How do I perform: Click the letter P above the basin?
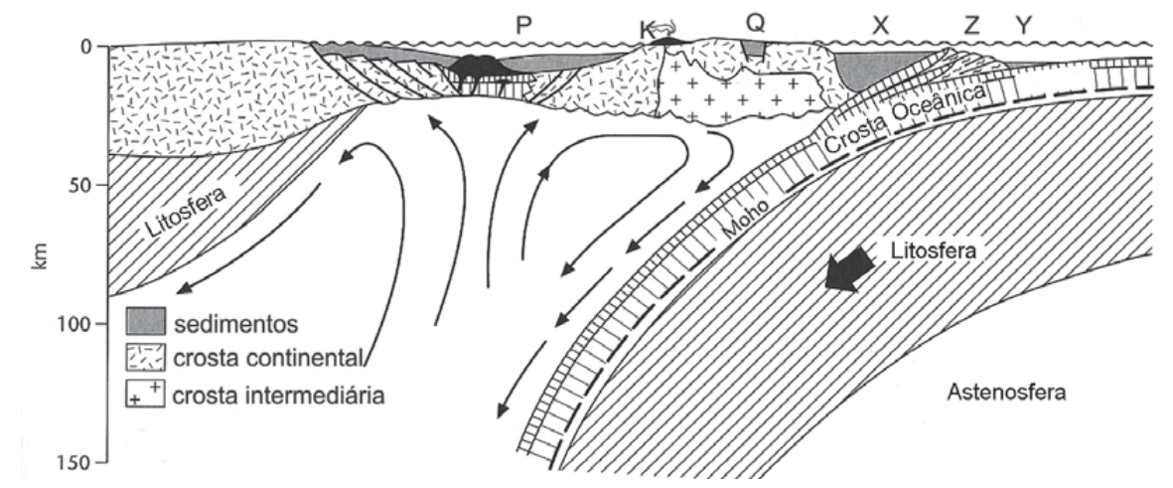click(x=523, y=26)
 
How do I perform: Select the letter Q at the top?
click(x=756, y=24)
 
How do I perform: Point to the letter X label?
click(x=881, y=26)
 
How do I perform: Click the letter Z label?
click(x=971, y=26)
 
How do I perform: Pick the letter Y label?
click(x=1023, y=26)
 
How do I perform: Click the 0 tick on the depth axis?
click(x=85, y=47)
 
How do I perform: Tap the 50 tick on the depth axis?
click(x=78, y=185)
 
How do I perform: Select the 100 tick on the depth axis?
click(x=73, y=323)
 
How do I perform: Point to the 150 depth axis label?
click(x=73, y=462)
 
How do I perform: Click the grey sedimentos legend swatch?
click(x=145, y=321)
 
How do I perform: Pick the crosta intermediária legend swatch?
click(x=145, y=393)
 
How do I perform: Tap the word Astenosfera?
click(x=1006, y=392)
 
